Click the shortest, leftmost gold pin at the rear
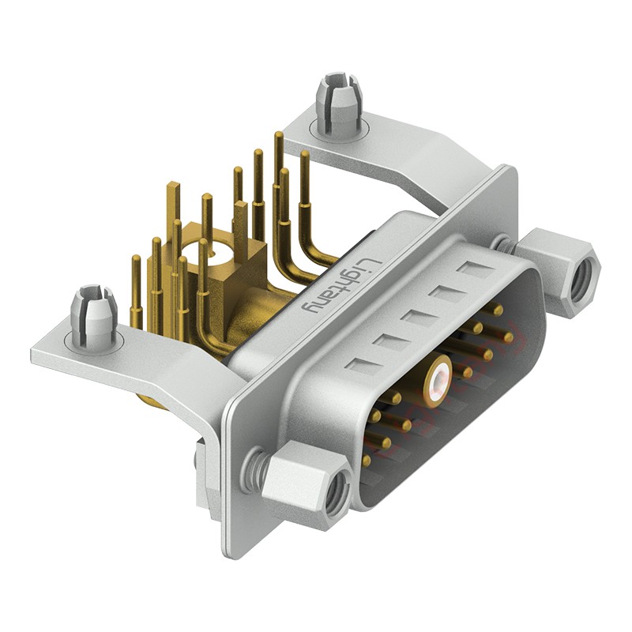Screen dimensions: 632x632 pyautogui.click(x=136, y=261)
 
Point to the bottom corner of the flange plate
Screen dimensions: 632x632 pyautogui.click(x=229, y=553)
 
